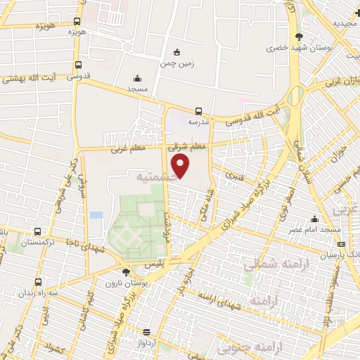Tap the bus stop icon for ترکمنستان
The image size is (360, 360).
(39, 231)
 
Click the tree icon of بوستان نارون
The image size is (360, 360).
(127, 271)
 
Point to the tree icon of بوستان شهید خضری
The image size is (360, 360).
(300, 37)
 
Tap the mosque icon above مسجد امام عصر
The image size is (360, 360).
(316, 219)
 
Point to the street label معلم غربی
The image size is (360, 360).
(127, 149)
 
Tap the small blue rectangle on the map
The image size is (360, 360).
(96, 214)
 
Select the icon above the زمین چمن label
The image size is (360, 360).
(176, 51)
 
